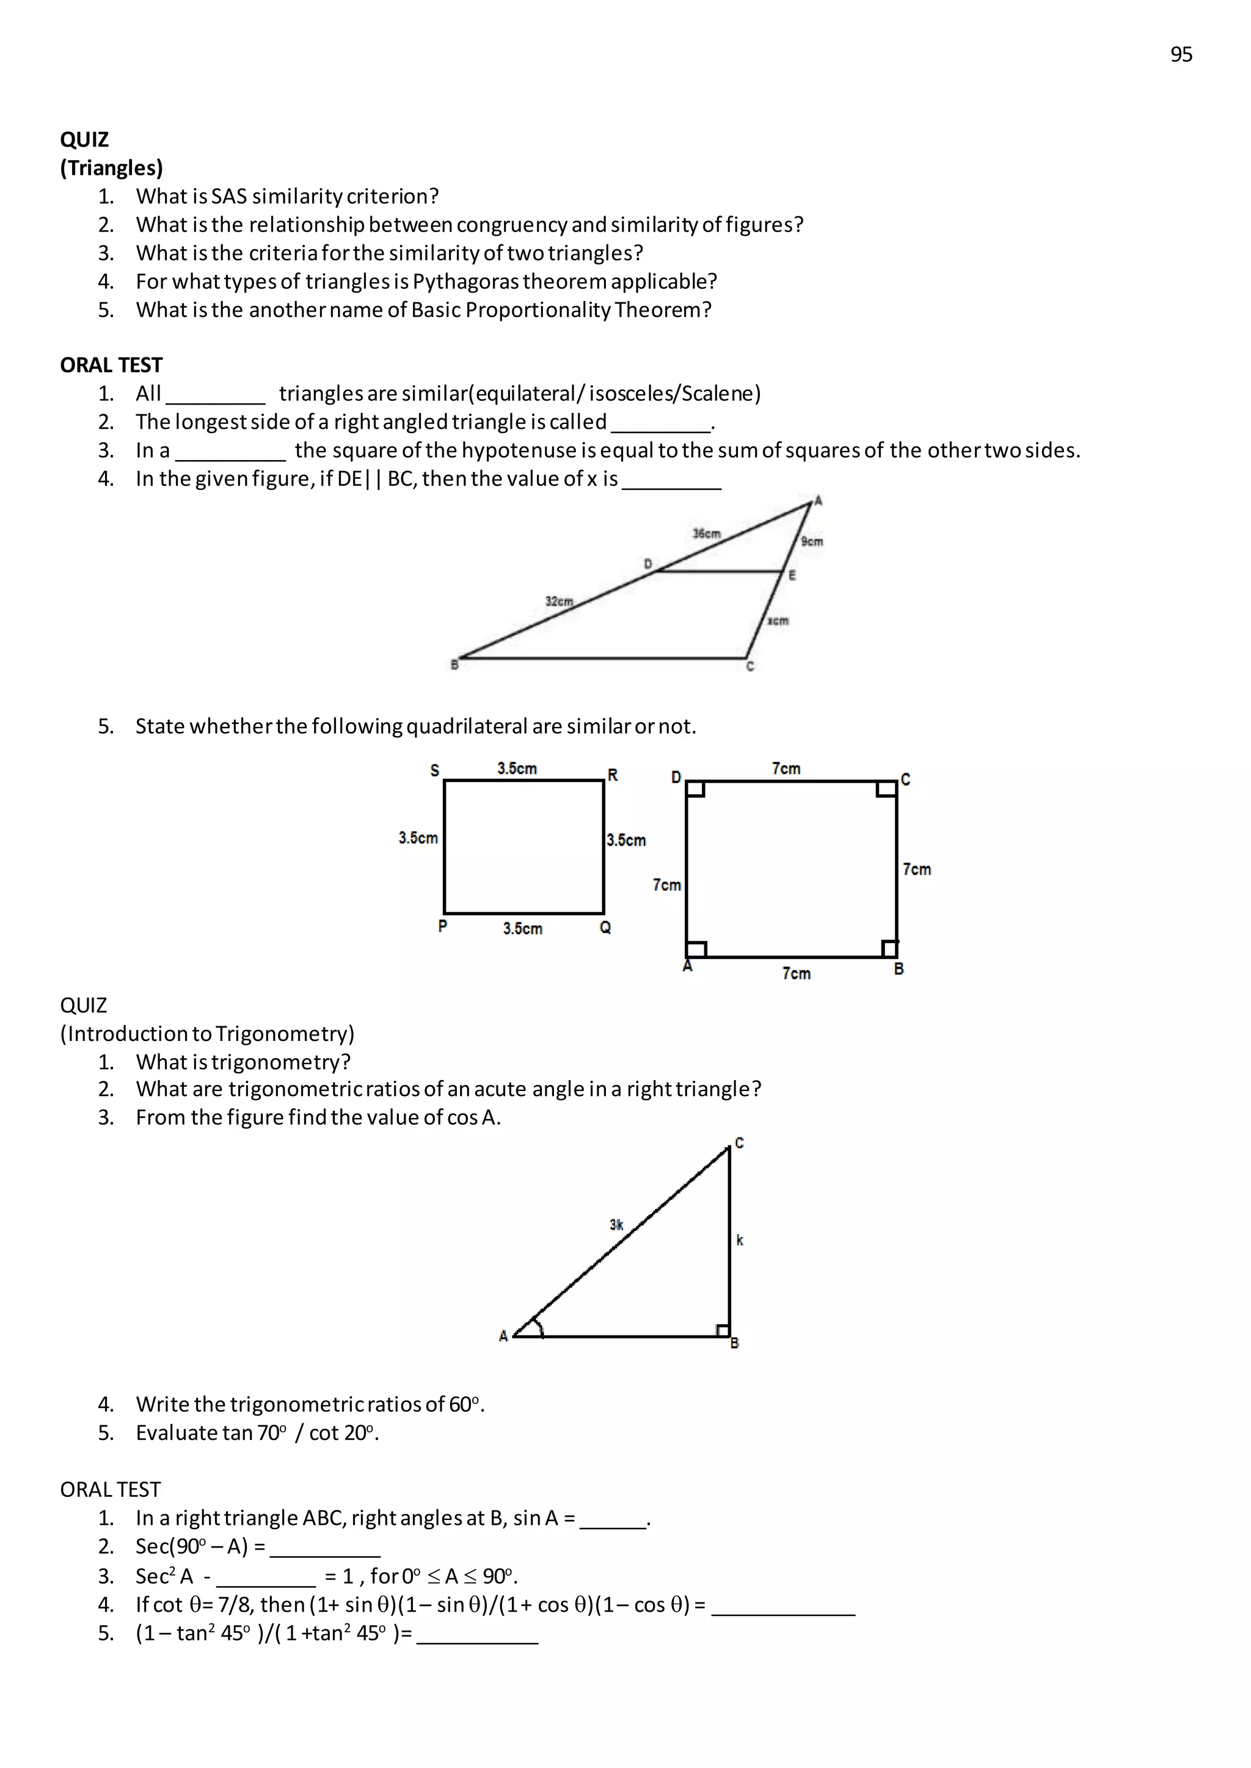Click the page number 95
1181,55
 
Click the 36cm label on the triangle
706,533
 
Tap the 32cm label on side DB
560,601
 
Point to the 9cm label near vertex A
812,541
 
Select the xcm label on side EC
778,621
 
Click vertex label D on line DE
648,564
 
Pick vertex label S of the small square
434,770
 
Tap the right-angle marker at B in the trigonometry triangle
722,1331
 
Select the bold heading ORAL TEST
112,365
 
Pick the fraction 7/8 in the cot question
234,1605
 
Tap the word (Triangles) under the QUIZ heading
112,168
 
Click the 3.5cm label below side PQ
522,929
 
